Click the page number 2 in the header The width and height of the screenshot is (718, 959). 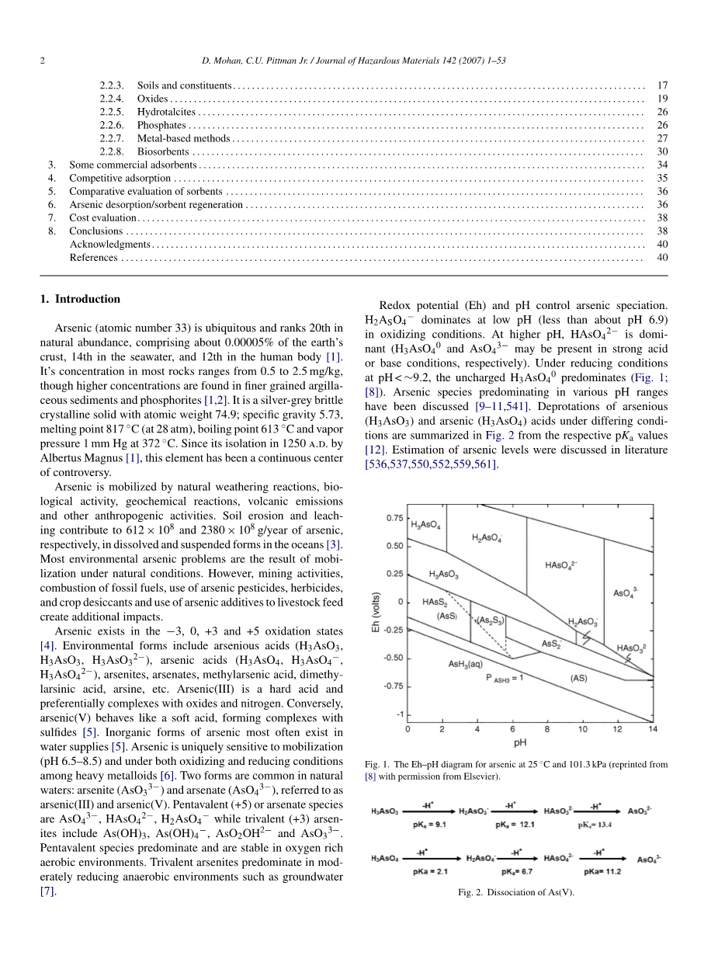(x=42, y=61)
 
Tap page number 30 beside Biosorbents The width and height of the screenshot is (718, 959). (x=662, y=151)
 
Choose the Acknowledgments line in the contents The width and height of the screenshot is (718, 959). (x=109, y=244)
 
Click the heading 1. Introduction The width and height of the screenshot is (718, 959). (x=80, y=299)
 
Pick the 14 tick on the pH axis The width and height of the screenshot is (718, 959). (x=653, y=729)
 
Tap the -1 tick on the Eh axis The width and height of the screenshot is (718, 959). (x=399, y=714)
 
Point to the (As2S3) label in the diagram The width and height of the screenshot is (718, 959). (x=490, y=620)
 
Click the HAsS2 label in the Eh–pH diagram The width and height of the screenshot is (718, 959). (x=435, y=602)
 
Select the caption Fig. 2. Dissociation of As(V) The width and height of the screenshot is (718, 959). (x=516, y=892)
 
